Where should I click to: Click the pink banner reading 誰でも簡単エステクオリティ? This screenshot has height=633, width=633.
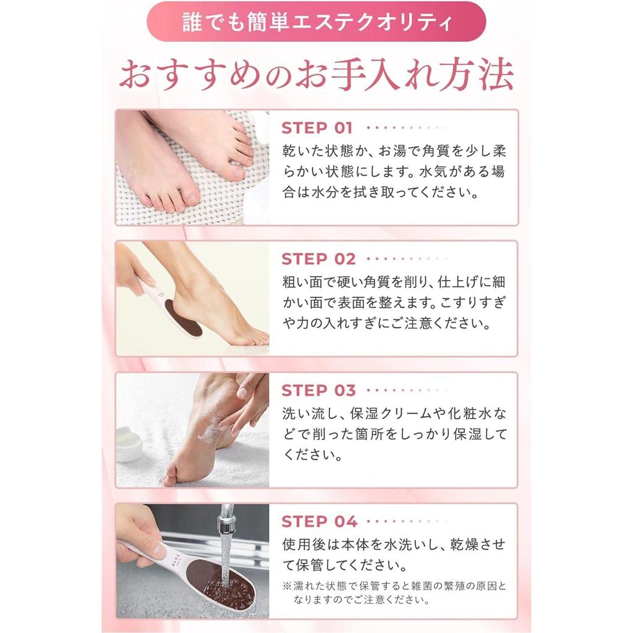point(316,22)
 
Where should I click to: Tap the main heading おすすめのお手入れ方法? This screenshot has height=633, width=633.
point(316,75)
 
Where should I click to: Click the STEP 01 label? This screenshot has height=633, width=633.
point(317,128)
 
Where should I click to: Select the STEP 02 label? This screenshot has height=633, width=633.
point(318,259)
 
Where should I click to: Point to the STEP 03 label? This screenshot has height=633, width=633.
point(318,391)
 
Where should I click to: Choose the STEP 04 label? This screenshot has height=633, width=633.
point(319,522)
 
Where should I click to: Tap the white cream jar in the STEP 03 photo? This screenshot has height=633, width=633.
point(130,444)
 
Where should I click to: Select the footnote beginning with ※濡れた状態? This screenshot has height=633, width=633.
point(394,592)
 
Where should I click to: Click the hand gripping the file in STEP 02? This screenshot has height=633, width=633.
point(131,266)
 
